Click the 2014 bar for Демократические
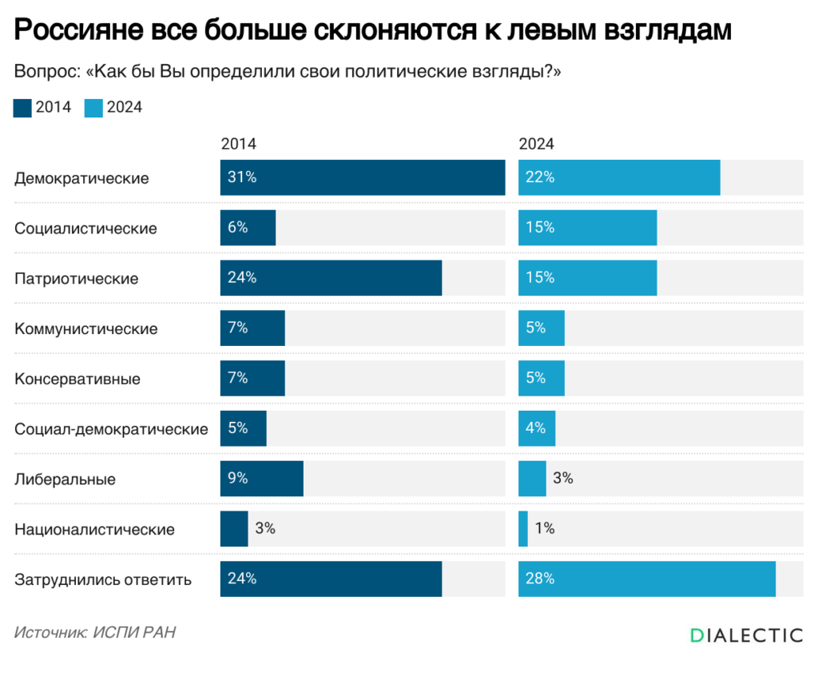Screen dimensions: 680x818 click(362, 177)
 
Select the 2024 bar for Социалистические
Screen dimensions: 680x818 click(587, 228)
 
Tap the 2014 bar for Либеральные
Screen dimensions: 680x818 click(261, 479)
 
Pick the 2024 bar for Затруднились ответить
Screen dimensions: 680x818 click(646, 579)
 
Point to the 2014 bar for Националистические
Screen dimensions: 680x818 click(234, 529)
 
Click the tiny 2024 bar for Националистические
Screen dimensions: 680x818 click(523, 529)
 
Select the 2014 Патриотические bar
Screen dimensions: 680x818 click(331, 278)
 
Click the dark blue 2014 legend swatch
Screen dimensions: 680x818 click(22, 108)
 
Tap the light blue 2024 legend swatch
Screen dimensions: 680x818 click(93, 108)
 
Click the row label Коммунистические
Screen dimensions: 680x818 click(86, 328)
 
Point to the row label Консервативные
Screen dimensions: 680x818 click(77, 379)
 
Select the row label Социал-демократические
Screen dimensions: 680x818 click(111, 429)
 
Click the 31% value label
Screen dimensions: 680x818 click(241, 177)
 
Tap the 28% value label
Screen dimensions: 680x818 click(540, 579)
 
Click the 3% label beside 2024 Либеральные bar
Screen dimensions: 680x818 click(563, 479)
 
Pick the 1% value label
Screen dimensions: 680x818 click(545, 529)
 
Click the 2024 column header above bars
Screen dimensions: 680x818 click(536, 145)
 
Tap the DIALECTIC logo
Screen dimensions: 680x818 click(746, 635)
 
